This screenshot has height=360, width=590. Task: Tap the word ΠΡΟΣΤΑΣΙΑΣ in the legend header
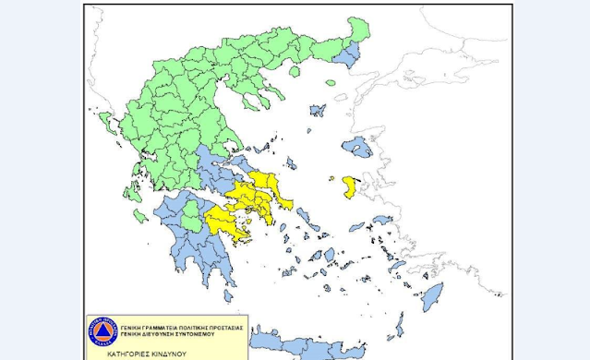point(220,328)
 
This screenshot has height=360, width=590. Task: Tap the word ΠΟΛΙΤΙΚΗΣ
point(191,328)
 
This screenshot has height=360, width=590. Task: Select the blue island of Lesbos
point(355,146)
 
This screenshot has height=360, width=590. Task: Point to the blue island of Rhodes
point(430,298)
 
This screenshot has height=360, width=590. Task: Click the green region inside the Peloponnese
point(191,216)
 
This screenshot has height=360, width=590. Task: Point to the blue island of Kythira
point(227,296)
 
